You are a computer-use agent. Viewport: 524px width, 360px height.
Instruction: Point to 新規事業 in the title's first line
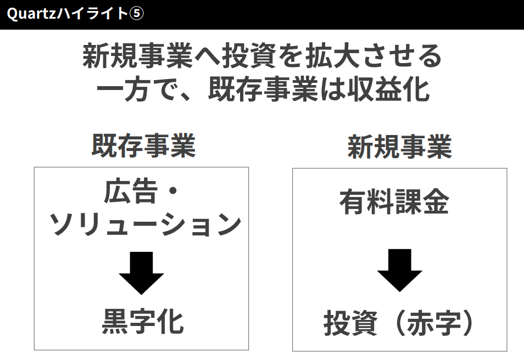137,57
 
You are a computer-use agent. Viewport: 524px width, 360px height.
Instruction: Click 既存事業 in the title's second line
263,89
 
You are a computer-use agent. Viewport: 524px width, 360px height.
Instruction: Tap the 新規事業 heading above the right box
399,147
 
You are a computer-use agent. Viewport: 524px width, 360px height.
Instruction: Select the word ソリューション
146,224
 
